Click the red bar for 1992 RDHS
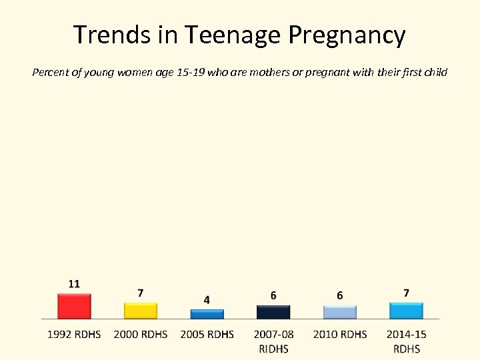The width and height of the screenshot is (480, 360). (x=74, y=307)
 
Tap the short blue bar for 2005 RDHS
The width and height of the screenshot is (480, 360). (x=207, y=315)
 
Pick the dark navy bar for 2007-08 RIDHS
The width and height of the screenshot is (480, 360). (x=273, y=313)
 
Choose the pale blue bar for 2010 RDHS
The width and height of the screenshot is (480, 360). (x=340, y=313)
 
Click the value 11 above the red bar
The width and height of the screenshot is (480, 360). (x=74, y=283)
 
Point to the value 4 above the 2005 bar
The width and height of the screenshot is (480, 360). (x=207, y=300)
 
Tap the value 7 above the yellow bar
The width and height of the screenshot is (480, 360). (x=140, y=293)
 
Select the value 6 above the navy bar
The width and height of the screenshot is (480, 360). (x=273, y=295)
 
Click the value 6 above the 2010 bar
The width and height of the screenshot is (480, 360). (x=340, y=295)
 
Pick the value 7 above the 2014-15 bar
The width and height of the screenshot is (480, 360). (x=406, y=293)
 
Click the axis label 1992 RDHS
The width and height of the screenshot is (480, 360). (x=74, y=334)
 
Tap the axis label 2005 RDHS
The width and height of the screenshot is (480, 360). (x=207, y=334)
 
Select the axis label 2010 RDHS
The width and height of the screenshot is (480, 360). (x=340, y=334)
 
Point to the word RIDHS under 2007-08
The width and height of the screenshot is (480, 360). (x=273, y=348)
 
